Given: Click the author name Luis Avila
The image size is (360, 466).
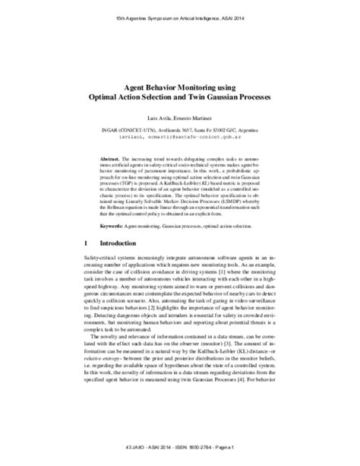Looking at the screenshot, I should [159, 122].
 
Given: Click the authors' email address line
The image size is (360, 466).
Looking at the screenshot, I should [179, 138].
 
